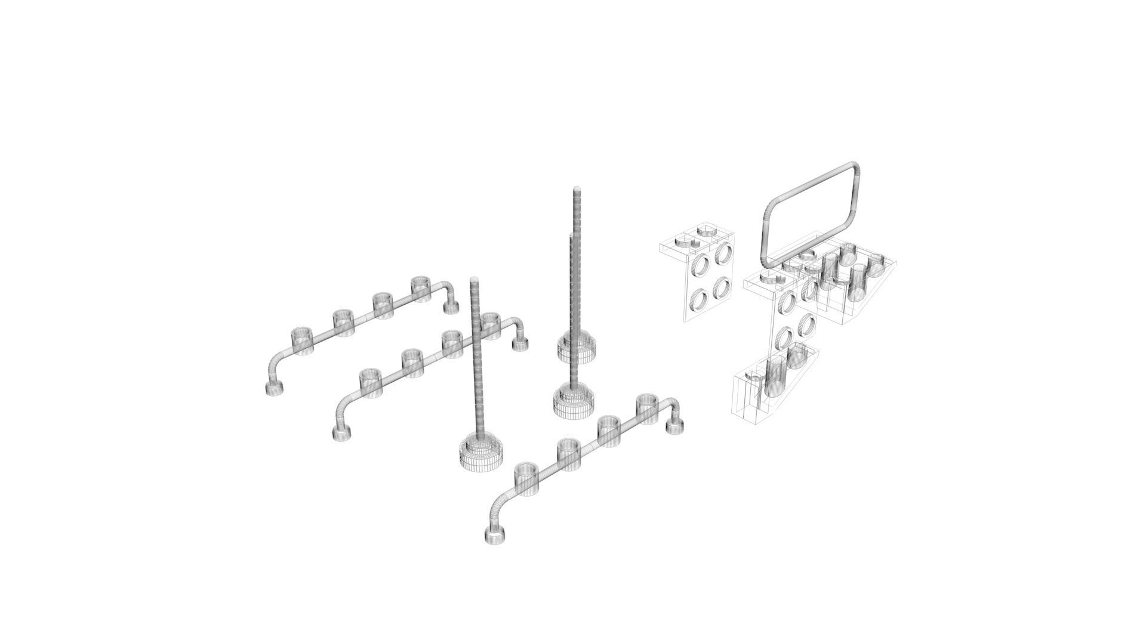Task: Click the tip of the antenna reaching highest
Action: coord(577,190)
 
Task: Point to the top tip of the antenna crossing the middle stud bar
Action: coord(475,280)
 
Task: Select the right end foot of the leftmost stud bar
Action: coord(451,307)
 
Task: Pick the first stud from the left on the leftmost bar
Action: coord(301,339)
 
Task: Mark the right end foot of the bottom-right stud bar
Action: coord(675,425)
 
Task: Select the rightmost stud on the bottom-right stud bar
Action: coord(647,405)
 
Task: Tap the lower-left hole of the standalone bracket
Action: coord(698,298)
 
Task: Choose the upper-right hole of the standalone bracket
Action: coord(724,252)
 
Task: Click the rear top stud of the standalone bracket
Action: coord(707,230)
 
